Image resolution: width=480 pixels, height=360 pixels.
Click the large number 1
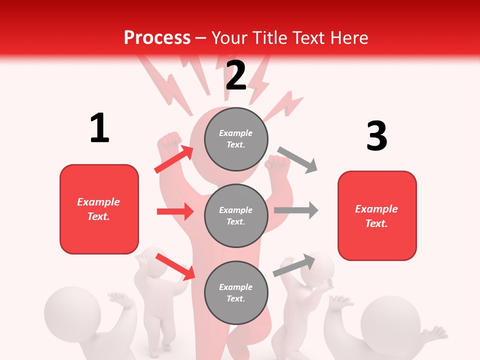click(99, 128)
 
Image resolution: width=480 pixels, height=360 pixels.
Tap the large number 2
click(236, 75)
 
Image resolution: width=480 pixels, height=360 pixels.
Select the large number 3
click(376, 136)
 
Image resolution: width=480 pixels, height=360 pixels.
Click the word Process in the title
click(157, 37)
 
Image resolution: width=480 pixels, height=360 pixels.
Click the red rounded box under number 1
click(99, 209)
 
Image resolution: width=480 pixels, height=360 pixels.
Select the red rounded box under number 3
click(377, 215)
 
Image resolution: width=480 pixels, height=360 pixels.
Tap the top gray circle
click(236, 139)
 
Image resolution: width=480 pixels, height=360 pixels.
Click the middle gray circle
click(236, 215)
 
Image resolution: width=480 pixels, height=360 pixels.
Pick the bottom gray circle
click(236, 292)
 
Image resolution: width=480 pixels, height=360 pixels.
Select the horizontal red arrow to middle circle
click(175, 211)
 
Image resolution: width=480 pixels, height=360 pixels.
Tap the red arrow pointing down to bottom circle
click(175, 266)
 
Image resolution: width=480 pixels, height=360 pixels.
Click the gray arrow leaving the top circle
click(298, 160)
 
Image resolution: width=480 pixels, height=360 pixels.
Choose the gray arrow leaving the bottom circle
click(294, 265)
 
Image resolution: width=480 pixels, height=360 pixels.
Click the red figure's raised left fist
click(169, 142)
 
